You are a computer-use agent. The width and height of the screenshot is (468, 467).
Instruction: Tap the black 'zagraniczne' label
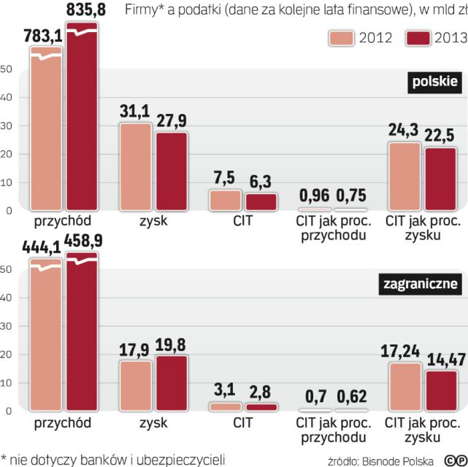pos(421,284)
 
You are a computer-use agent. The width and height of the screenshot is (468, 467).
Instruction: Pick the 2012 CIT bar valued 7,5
pos(225,200)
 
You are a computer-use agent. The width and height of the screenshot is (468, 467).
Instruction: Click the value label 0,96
pos(313,196)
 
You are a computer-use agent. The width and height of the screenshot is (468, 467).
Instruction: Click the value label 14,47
pos(441,360)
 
